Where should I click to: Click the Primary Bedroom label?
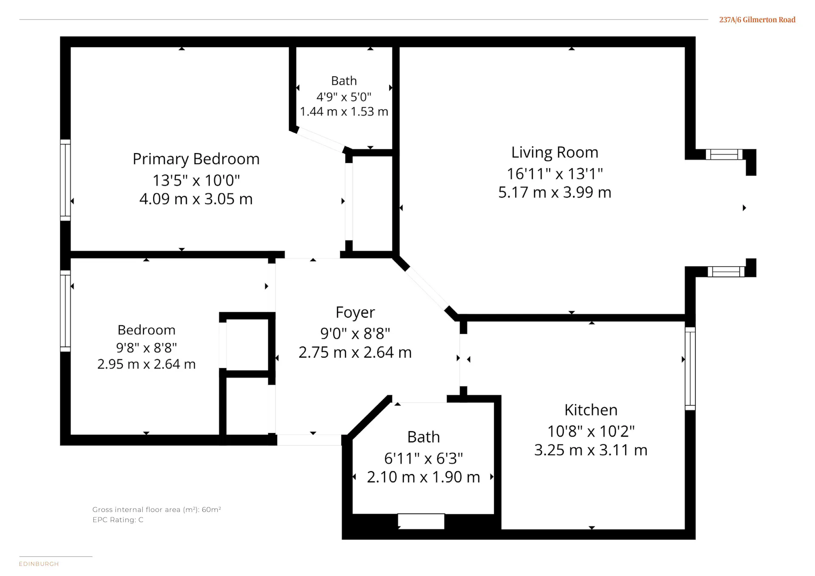click(196, 159)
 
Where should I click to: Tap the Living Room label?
click(555, 152)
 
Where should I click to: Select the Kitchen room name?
click(591, 410)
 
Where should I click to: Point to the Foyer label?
click(355, 313)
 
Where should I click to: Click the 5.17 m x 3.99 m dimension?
click(555, 193)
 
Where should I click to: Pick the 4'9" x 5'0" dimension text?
click(344, 97)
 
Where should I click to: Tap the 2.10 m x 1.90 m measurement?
click(424, 477)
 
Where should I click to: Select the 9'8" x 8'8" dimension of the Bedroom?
click(146, 348)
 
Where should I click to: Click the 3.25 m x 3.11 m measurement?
click(591, 450)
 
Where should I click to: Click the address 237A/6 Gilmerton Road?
click(757, 20)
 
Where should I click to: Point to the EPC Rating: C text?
click(118, 520)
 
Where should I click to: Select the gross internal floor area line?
click(157, 509)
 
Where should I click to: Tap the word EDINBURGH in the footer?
click(39, 564)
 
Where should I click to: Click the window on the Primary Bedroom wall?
click(65, 180)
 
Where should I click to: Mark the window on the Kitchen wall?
click(690, 369)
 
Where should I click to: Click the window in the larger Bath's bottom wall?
click(421, 521)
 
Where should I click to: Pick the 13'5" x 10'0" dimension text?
click(196, 181)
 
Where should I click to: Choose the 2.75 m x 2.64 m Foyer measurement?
click(355, 352)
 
